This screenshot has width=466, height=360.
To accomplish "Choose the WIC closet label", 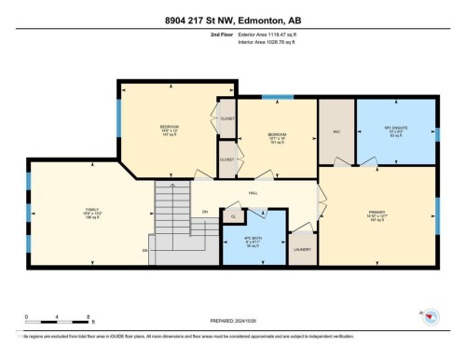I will coord(336,131).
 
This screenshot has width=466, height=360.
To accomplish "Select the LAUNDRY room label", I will coord(301,249).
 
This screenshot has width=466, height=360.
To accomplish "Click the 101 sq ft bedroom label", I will coord(277,138).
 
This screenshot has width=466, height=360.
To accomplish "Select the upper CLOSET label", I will coord(227,118).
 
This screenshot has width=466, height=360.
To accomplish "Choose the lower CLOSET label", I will coord(227,159).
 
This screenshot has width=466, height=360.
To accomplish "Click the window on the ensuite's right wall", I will coord(436,131).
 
